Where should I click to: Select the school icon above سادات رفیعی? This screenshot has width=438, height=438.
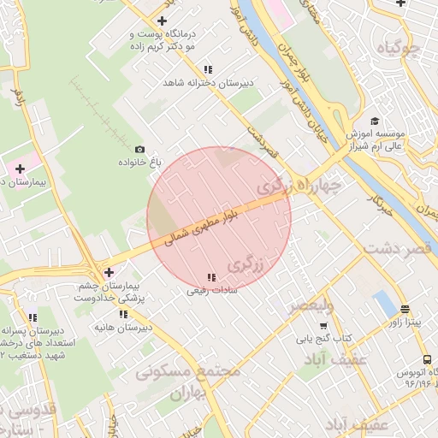coord(211,277)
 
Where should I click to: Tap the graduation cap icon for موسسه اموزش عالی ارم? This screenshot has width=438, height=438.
coord(374,121)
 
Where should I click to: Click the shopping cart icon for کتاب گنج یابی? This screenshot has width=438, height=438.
coord(323,326)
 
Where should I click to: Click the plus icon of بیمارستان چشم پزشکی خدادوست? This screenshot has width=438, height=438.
coord(108,272)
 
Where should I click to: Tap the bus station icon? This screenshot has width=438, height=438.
coord(427,361)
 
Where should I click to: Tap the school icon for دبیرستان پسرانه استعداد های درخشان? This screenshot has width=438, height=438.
coord(33,317)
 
